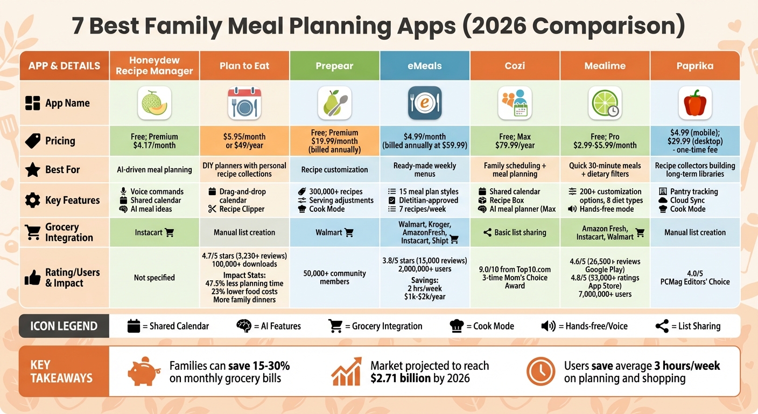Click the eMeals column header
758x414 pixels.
424,66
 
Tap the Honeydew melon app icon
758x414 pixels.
155,103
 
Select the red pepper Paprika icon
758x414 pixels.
694,103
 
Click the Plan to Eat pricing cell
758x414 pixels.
244,141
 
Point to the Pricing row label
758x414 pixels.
60,141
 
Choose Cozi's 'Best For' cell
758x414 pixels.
515,170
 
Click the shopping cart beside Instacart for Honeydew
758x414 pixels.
170,233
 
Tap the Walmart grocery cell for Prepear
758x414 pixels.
334,233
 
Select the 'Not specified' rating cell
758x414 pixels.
154,278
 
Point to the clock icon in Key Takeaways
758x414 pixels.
540,371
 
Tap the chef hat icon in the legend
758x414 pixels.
457,326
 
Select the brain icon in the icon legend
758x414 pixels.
244,326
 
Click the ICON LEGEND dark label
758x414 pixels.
64,326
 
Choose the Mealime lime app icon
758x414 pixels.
605,103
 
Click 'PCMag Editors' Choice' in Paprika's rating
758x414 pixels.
694,282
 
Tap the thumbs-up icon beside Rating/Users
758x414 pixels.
33,278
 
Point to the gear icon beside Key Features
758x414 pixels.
33,201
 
